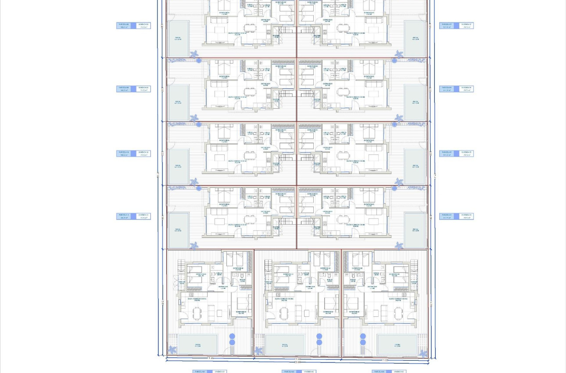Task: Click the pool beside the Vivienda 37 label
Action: [415, 39]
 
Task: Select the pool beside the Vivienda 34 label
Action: [415, 230]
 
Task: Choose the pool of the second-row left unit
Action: [179, 103]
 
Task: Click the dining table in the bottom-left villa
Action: [197, 312]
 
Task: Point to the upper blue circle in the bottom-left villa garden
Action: [232, 336]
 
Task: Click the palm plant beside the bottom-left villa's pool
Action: [173, 350]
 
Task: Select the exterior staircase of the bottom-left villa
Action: [181, 265]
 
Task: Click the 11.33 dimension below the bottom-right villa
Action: [385, 360]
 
